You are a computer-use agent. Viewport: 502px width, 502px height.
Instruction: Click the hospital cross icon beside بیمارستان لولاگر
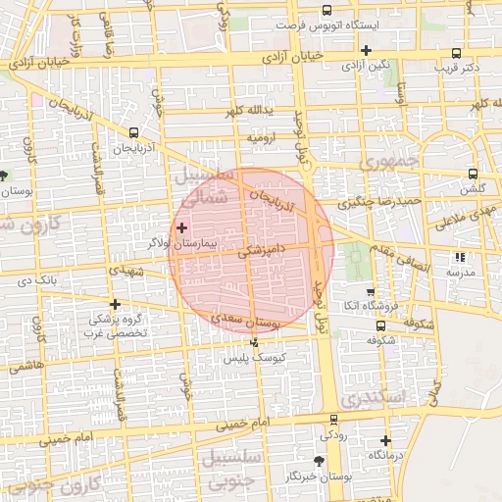181,227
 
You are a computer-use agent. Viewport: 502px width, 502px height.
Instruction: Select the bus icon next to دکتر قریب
455,54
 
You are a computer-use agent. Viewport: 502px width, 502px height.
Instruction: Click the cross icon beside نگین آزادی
366,50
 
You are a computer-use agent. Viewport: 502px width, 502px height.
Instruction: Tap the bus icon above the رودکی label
333,419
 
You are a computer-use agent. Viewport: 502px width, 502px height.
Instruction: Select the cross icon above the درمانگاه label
385,440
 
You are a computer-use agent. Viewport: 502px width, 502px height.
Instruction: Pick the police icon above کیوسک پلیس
255,342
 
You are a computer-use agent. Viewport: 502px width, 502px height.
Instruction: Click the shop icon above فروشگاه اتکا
370,292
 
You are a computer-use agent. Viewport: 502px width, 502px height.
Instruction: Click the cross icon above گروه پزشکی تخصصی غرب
115,304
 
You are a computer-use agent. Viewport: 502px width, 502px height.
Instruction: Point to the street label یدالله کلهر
247,112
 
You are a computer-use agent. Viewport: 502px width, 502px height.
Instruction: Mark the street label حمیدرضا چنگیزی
378,202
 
